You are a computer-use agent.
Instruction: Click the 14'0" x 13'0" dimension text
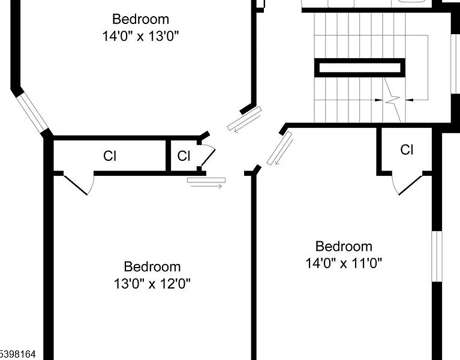(x=140, y=37)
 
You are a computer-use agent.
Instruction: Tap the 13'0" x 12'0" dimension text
(x=152, y=284)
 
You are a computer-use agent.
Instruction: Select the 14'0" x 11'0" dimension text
(x=344, y=263)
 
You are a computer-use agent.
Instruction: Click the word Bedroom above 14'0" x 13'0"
(x=140, y=19)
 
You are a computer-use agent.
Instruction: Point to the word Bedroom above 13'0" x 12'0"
(x=152, y=266)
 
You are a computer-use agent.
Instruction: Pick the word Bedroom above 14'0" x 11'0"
(x=344, y=246)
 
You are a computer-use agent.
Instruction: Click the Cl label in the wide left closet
(x=110, y=156)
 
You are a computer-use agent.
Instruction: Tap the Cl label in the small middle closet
(x=184, y=156)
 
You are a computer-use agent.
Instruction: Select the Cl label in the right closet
(x=407, y=149)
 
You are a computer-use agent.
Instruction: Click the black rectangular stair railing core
(x=360, y=68)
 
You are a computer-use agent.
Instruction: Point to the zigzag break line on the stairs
(x=393, y=100)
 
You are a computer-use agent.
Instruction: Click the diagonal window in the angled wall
(x=32, y=112)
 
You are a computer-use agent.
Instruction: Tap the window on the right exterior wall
(x=437, y=256)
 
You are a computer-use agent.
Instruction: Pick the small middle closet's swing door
(x=208, y=157)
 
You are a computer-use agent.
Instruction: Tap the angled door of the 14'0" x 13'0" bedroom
(x=244, y=119)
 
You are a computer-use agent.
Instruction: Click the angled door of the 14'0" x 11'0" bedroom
(x=279, y=148)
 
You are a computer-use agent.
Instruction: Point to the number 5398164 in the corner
(x=17, y=354)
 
